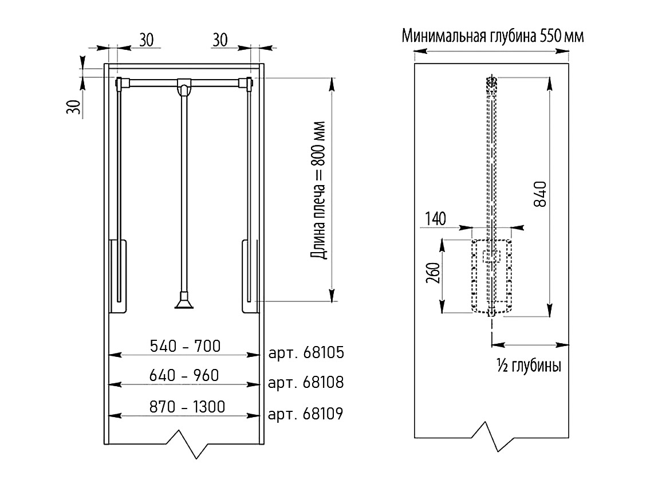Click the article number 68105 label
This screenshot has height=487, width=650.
[x=306, y=352]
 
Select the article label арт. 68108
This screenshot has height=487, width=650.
[x=306, y=382]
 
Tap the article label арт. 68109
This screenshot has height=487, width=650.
[x=306, y=413]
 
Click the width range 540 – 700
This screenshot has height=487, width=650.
[x=184, y=345]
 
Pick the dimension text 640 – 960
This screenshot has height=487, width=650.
[x=184, y=376]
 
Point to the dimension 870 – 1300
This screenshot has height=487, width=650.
[x=184, y=407]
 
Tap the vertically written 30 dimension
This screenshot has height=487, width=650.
[x=73, y=107]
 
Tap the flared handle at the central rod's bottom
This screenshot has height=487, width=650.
[x=184, y=301]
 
